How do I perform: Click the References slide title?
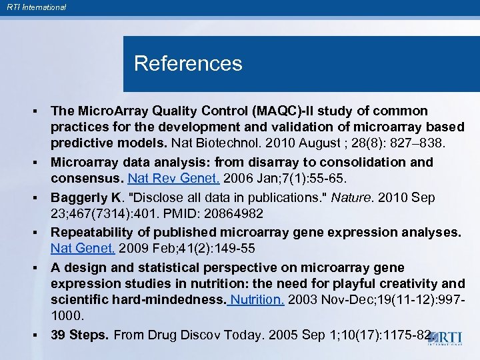point(188,64)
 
